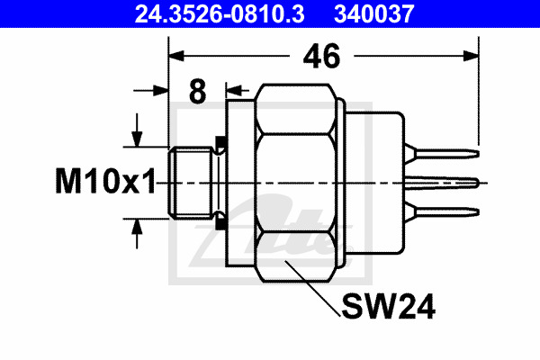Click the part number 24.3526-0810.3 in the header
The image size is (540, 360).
pos(220,13)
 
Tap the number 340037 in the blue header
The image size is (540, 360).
pos(374,13)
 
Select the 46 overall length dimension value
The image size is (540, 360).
pos(321,56)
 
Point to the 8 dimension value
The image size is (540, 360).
pos(198,91)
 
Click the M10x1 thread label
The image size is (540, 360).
pos(105,181)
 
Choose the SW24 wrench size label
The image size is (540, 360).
pos(388,306)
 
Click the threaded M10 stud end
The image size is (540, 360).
pos(191,183)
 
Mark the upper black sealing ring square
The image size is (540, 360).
pos(220,141)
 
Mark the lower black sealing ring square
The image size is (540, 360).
pos(220,224)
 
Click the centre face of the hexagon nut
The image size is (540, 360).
pos(296,183)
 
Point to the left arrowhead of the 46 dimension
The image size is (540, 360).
pos(176,56)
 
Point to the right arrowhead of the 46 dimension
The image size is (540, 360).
pos(471,56)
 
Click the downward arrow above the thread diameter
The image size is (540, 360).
pos(137,130)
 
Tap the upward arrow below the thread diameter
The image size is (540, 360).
pos(137,234)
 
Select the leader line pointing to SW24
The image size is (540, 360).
pos(312,289)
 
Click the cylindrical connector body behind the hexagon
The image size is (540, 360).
pos(374,183)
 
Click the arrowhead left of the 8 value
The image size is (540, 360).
pos(160,91)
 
